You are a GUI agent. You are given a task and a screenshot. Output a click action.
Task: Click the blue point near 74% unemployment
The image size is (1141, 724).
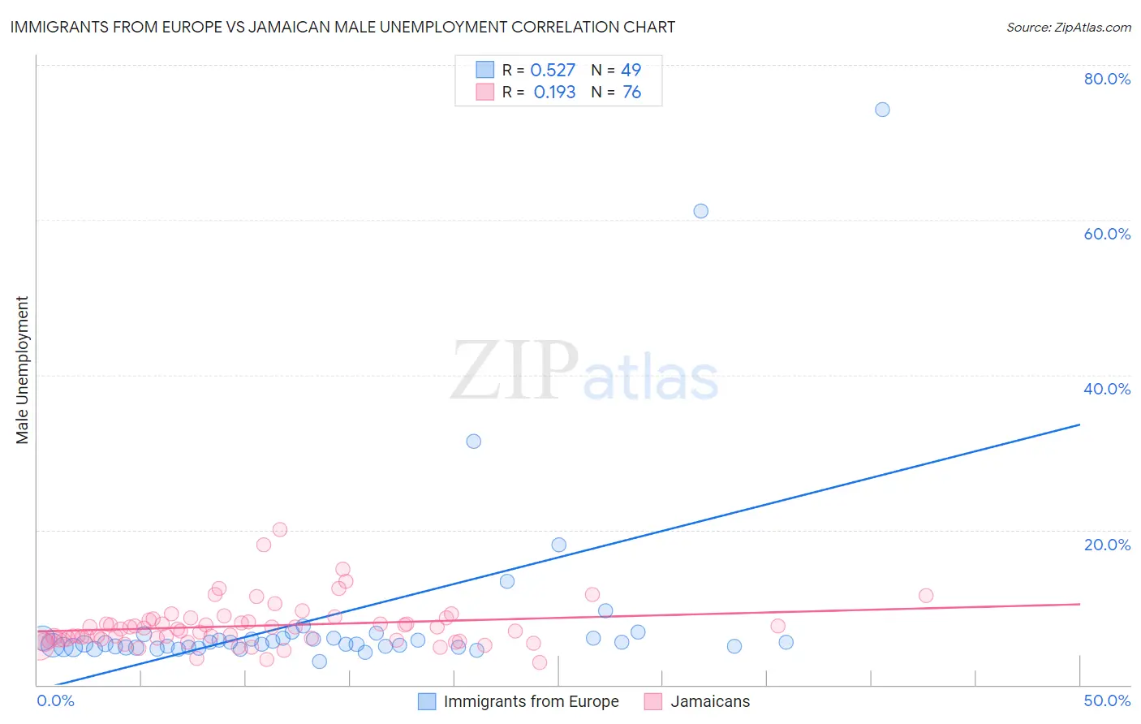pyautogui.click(x=882, y=110)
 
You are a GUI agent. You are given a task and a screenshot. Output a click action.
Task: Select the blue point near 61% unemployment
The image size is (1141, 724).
pyautogui.click(x=700, y=211)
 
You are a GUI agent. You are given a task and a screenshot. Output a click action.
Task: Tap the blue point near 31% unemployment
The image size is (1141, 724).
pyautogui.click(x=473, y=442)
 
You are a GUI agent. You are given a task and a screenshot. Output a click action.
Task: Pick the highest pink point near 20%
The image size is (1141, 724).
pyautogui.click(x=280, y=529)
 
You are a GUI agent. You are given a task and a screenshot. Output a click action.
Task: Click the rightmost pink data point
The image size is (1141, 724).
pyautogui.click(x=926, y=596)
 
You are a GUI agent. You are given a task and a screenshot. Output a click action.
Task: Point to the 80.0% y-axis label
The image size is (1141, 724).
pyautogui.click(x=1107, y=79)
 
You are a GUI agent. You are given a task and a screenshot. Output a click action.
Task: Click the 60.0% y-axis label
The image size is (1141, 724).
pyautogui.click(x=1107, y=234)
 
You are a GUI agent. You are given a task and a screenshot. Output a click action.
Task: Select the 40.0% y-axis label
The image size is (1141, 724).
pyautogui.click(x=1107, y=389)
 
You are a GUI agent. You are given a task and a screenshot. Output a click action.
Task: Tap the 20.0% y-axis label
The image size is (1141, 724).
pyautogui.click(x=1107, y=545)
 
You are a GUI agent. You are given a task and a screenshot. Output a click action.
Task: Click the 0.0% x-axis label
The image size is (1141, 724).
pyautogui.click(x=55, y=700)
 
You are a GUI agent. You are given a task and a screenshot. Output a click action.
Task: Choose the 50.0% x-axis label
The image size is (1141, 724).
pyautogui.click(x=1107, y=700)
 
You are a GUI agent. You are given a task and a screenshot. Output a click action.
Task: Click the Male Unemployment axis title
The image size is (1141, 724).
pyautogui.click(x=22, y=370)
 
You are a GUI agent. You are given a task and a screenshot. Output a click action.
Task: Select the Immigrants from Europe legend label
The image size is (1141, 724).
pyautogui.click(x=531, y=701)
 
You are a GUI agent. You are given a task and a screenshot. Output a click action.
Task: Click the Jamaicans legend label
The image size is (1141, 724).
pyautogui.click(x=710, y=701)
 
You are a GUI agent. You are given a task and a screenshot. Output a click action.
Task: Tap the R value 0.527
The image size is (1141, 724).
pyautogui.click(x=553, y=71)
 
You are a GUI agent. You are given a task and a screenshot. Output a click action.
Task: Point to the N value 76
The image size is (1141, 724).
pyautogui.click(x=631, y=93)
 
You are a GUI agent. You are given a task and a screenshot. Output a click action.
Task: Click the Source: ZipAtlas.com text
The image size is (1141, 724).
pyautogui.click(x=1068, y=28)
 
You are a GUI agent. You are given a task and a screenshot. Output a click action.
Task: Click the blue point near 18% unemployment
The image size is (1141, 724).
pyautogui.click(x=558, y=545)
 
